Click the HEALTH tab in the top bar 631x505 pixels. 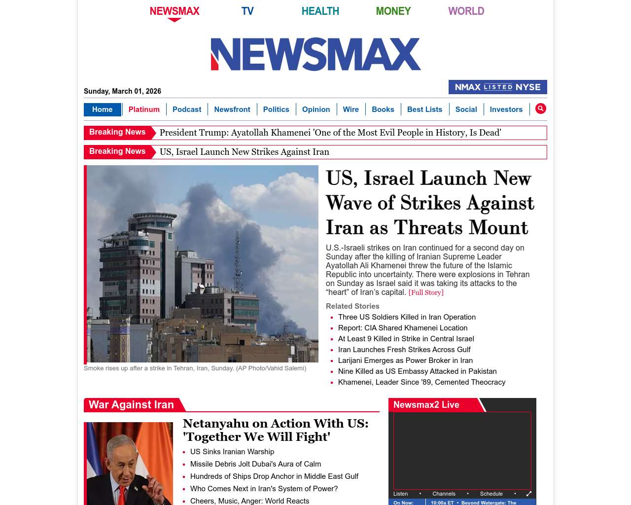(320, 11)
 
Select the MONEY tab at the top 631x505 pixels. (393, 11)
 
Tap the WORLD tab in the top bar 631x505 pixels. (466, 11)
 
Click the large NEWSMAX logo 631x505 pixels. (315, 54)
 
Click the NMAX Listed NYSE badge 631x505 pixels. (497, 87)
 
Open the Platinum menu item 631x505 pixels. (144, 109)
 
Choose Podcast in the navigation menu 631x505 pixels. (187, 109)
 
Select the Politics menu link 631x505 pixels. (276, 109)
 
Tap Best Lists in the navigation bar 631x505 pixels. (424, 109)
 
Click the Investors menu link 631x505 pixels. (506, 109)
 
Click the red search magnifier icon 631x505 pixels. (541, 108)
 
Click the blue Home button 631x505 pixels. (102, 109)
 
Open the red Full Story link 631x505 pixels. (426, 292)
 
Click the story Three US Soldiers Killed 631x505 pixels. (407, 317)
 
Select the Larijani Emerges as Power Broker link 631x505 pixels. (405, 361)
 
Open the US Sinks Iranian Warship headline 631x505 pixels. (232, 452)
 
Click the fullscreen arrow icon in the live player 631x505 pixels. (529, 494)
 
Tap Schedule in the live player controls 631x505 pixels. (491, 494)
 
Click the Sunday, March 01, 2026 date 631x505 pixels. (122, 91)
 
